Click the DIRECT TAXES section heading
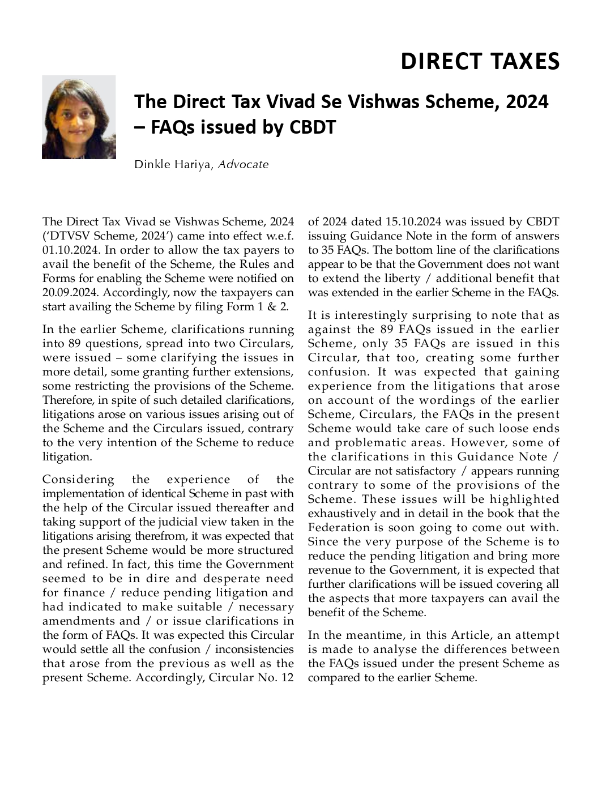click(x=480, y=61)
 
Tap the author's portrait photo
click(x=79, y=117)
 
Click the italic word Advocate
click(x=243, y=165)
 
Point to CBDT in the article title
click(x=313, y=128)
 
